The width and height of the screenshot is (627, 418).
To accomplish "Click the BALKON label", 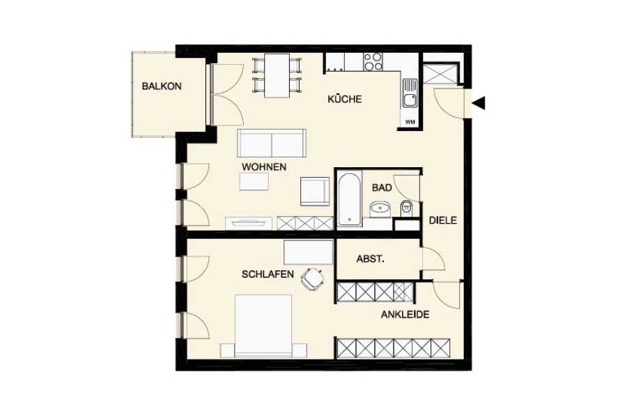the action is pyautogui.click(x=162, y=86).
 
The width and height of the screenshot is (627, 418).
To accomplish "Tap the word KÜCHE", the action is pyautogui.click(x=345, y=99).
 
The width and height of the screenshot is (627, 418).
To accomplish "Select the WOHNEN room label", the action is pyautogui.click(x=264, y=167).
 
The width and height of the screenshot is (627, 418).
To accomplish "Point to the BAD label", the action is pyautogui.click(x=382, y=187).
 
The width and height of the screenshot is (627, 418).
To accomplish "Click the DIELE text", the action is pyautogui.click(x=443, y=220).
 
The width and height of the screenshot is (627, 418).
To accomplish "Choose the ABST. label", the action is pyautogui.click(x=371, y=259).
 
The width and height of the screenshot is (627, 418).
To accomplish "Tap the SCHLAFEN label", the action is pyautogui.click(x=268, y=274).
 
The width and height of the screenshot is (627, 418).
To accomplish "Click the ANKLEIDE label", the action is pyautogui.click(x=405, y=314).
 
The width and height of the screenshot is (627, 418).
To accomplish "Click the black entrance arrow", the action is pyautogui.click(x=479, y=103).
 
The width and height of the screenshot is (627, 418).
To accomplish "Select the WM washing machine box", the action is pyautogui.click(x=410, y=122).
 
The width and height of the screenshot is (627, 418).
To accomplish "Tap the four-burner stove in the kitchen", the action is pyautogui.click(x=373, y=62).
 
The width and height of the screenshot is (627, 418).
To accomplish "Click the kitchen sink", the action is pyautogui.click(x=410, y=93).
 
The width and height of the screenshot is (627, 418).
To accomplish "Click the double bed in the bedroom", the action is pyautogui.click(x=263, y=326).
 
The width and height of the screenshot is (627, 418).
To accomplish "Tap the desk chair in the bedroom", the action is pyautogui.click(x=313, y=279).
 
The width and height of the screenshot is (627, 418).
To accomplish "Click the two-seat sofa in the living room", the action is pyautogui.click(x=272, y=144).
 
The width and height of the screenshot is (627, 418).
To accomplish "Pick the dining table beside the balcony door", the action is pyautogui.click(x=277, y=76).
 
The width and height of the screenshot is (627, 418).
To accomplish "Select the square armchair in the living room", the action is pyautogui.click(x=315, y=191).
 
